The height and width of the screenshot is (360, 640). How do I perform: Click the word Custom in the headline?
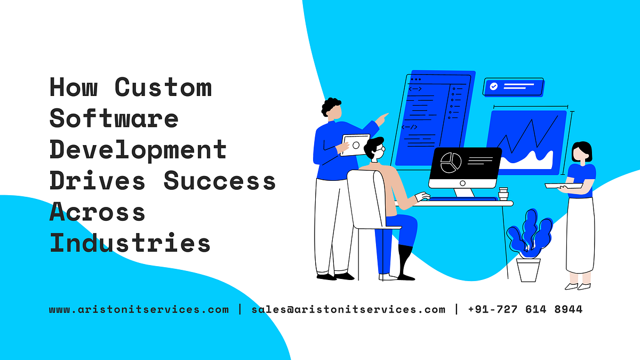click(x=163, y=87)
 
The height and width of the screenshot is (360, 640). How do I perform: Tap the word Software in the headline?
click(x=114, y=118)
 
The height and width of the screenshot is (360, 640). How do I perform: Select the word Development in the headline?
click(x=138, y=150)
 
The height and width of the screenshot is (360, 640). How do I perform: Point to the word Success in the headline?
click(x=220, y=181)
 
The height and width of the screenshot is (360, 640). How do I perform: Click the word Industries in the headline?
click(x=130, y=243)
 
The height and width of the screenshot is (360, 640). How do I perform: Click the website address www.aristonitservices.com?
click(x=139, y=309)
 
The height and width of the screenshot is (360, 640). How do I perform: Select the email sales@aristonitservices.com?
click(x=348, y=309)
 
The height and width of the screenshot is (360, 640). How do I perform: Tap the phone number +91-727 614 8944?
click(x=525, y=309)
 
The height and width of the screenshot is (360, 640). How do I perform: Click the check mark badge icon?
click(x=494, y=86)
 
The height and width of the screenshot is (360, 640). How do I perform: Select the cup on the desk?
click(x=503, y=193)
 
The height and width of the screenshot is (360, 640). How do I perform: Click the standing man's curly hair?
click(x=331, y=106)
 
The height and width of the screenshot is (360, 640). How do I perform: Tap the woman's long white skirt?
click(x=580, y=235)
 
